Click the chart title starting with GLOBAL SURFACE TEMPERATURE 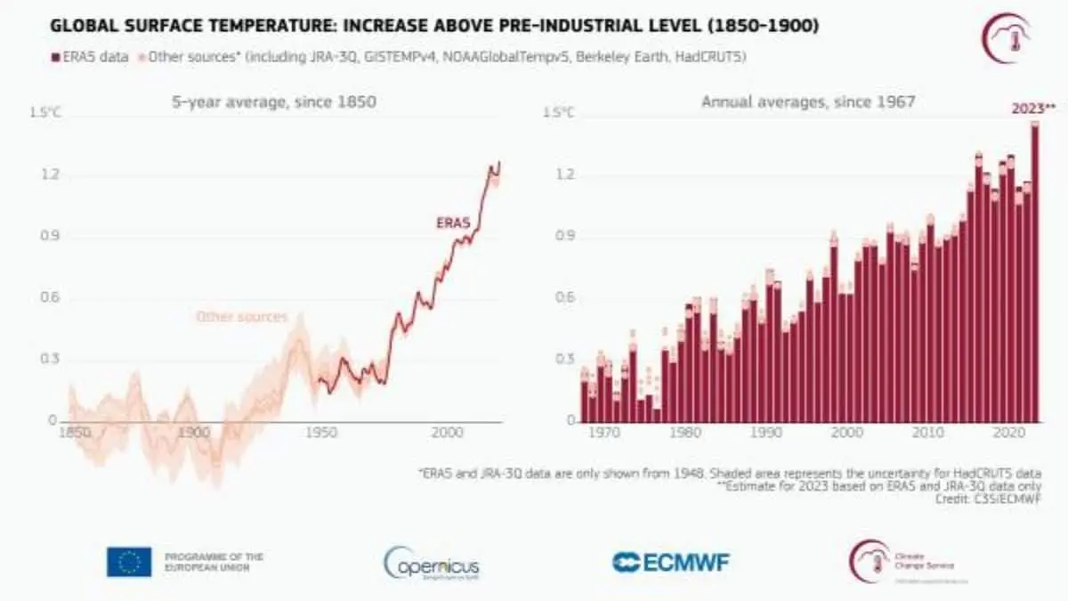click(x=434, y=27)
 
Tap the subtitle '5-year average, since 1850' click(x=274, y=102)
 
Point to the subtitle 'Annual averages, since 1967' click(x=808, y=102)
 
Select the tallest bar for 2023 click(x=1035, y=276)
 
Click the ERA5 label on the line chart click(x=452, y=223)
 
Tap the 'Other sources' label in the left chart click(x=241, y=317)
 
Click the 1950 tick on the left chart click(x=320, y=433)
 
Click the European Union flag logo click(x=129, y=562)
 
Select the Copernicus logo click(x=433, y=563)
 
